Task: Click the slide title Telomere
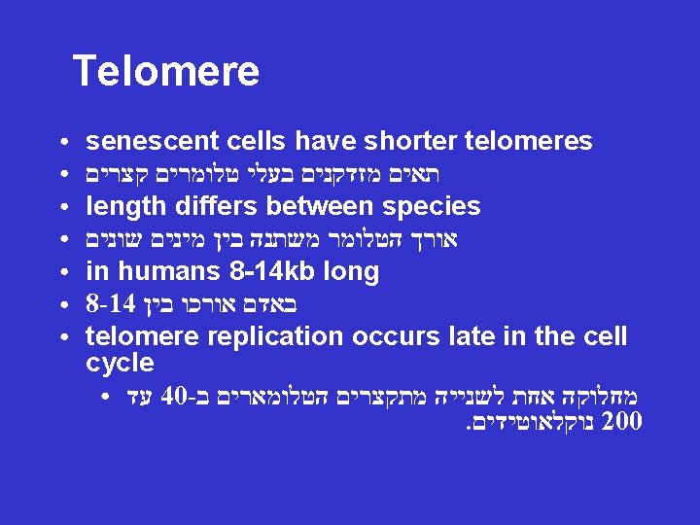point(166,71)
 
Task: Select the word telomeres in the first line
point(529,142)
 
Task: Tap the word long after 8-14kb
point(350,271)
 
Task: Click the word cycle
point(120,364)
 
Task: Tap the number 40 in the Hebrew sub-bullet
point(175,397)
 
